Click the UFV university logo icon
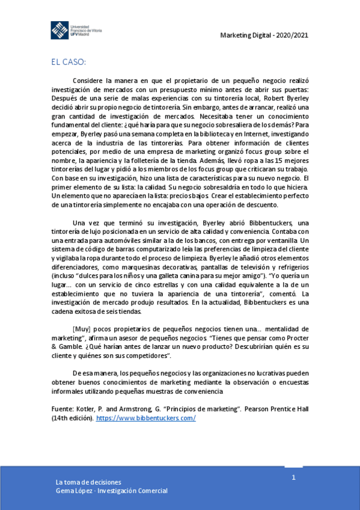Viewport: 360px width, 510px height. click(59, 30)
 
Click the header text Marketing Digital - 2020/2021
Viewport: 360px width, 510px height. click(264, 35)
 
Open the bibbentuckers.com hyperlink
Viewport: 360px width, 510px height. click(145, 418)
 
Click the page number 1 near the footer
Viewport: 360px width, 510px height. click(294, 478)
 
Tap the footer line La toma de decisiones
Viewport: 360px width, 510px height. click(88, 482)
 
